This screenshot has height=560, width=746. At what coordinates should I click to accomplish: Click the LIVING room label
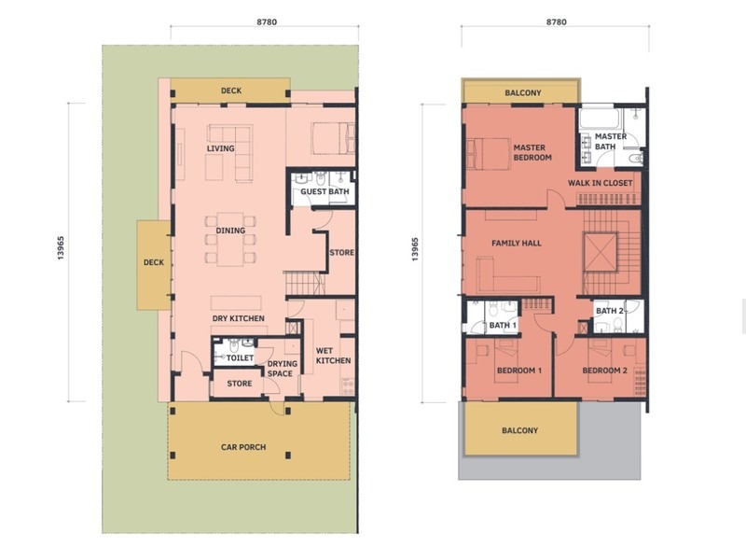(x=221, y=148)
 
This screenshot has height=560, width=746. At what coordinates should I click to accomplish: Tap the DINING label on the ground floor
(x=230, y=231)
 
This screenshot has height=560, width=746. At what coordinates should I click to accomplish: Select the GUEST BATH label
(x=325, y=192)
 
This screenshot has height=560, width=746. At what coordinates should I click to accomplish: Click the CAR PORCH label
(x=243, y=447)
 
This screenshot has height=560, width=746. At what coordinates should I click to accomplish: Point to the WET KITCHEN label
(x=333, y=355)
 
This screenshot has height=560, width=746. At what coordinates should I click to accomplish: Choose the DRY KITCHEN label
(x=239, y=318)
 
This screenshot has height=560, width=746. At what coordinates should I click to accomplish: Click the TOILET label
(x=240, y=357)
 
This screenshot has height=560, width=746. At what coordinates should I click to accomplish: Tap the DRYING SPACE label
(x=282, y=369)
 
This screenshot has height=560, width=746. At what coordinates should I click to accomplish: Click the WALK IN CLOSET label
(x=601, y=183)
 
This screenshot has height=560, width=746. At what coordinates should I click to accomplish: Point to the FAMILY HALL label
(x=517, y=244)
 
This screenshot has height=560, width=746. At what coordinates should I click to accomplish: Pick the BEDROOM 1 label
(x=519, y=371)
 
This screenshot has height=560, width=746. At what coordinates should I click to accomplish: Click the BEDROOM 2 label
(x=605, y=371)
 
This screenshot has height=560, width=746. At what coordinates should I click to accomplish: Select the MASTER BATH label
(x=611, y=141)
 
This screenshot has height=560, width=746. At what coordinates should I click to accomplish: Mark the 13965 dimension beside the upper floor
(x=414, y=249)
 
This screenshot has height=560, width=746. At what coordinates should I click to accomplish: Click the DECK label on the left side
(x=154, y=263)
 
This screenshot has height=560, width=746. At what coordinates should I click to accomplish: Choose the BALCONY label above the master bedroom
(x=523, y=93)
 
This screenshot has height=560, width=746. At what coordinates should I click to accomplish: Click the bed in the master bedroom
(x=485, y=153)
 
